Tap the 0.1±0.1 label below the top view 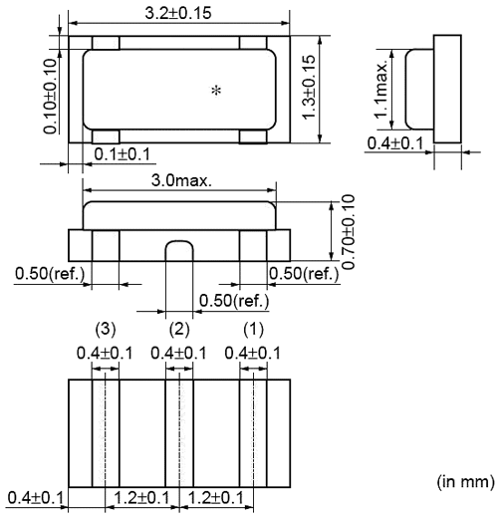pos(124,152)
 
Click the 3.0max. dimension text pos(179,183)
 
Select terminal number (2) pos(179,330)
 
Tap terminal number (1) pos(253,330)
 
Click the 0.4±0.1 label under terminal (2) pos(179,353)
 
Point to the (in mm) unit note pos(464,482)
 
